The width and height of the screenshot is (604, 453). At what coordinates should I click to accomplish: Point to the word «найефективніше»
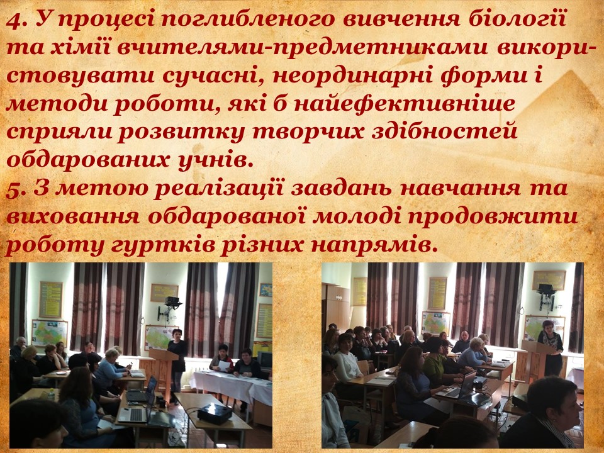(x=404, y=104)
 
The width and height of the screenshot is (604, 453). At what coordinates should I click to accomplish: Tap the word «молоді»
(x=357, y=217)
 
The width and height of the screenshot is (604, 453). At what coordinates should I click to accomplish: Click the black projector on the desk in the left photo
(x=215, y=413)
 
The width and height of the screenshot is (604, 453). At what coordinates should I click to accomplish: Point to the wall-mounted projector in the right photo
(x=546, y=296)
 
